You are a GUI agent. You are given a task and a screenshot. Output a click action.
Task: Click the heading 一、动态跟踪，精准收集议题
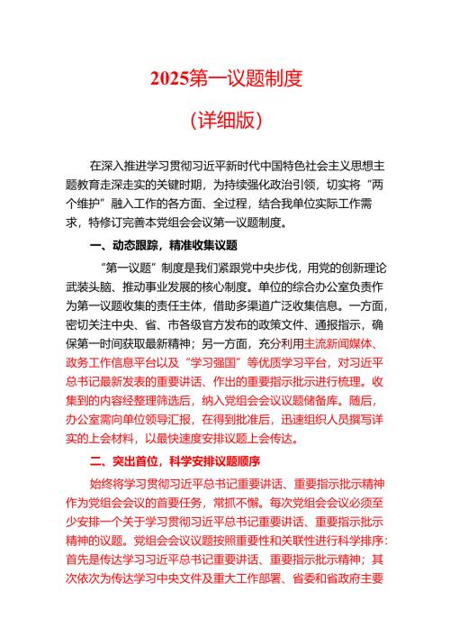pos(163,244)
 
